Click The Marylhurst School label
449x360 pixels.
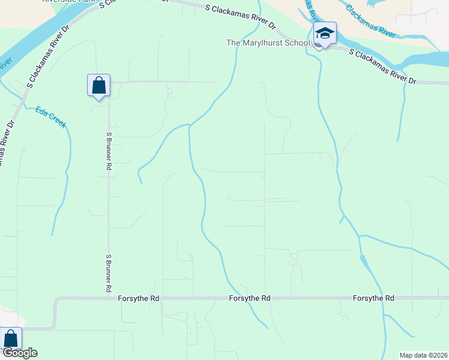point(268,43)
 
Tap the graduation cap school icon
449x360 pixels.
point(325,34)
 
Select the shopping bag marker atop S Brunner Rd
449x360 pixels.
point(98,85)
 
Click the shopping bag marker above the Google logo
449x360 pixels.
point(11,338)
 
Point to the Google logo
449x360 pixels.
point(19,353)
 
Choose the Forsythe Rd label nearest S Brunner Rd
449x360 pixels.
point(138,298)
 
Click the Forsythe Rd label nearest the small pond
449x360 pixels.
point(373,298)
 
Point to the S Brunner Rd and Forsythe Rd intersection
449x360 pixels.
point(109,297)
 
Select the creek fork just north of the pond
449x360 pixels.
point(360,237)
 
